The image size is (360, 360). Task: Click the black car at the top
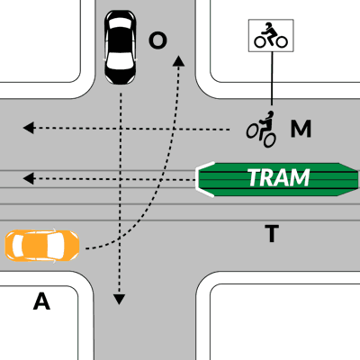[x=120, y=48]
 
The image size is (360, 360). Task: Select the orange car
[x=42, y=246]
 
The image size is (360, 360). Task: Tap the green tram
[x=277, y=179]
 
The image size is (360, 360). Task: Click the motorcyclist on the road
[x=262, y=130]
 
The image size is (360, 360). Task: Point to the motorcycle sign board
[x=271, y=35]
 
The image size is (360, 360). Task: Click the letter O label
[x=157, y=41]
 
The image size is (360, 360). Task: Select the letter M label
[x=301, y=129]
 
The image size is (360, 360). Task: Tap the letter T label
[x=272, y=233]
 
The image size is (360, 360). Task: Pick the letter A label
[x=41, y=301]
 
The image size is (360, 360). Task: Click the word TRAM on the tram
[x=279, y=177]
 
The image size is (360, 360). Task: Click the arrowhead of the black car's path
[x=119, y=299]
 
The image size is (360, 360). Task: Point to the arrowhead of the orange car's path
[x=179, y=61]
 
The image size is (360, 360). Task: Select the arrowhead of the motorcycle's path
[x=29, y=128]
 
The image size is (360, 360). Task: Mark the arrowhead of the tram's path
[x=29, y=179]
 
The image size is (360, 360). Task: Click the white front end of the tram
[x=202, y=179]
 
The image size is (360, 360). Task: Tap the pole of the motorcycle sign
[x=272, y=78]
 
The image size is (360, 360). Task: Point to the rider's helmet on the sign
[x=268, y=25]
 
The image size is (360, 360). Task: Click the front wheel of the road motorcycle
[x=251, y=131]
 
